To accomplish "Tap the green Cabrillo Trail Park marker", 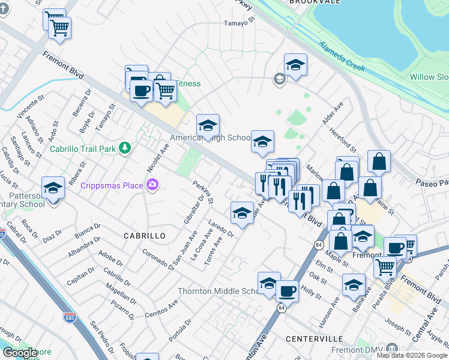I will point(125,147).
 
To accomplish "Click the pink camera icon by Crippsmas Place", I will point(152,184).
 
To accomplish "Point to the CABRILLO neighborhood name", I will point(145,236).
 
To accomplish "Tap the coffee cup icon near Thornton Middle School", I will point(287,291).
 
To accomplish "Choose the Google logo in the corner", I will point(20,353).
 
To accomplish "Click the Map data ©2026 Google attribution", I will point(412,355).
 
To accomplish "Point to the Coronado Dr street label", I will point(158,259).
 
